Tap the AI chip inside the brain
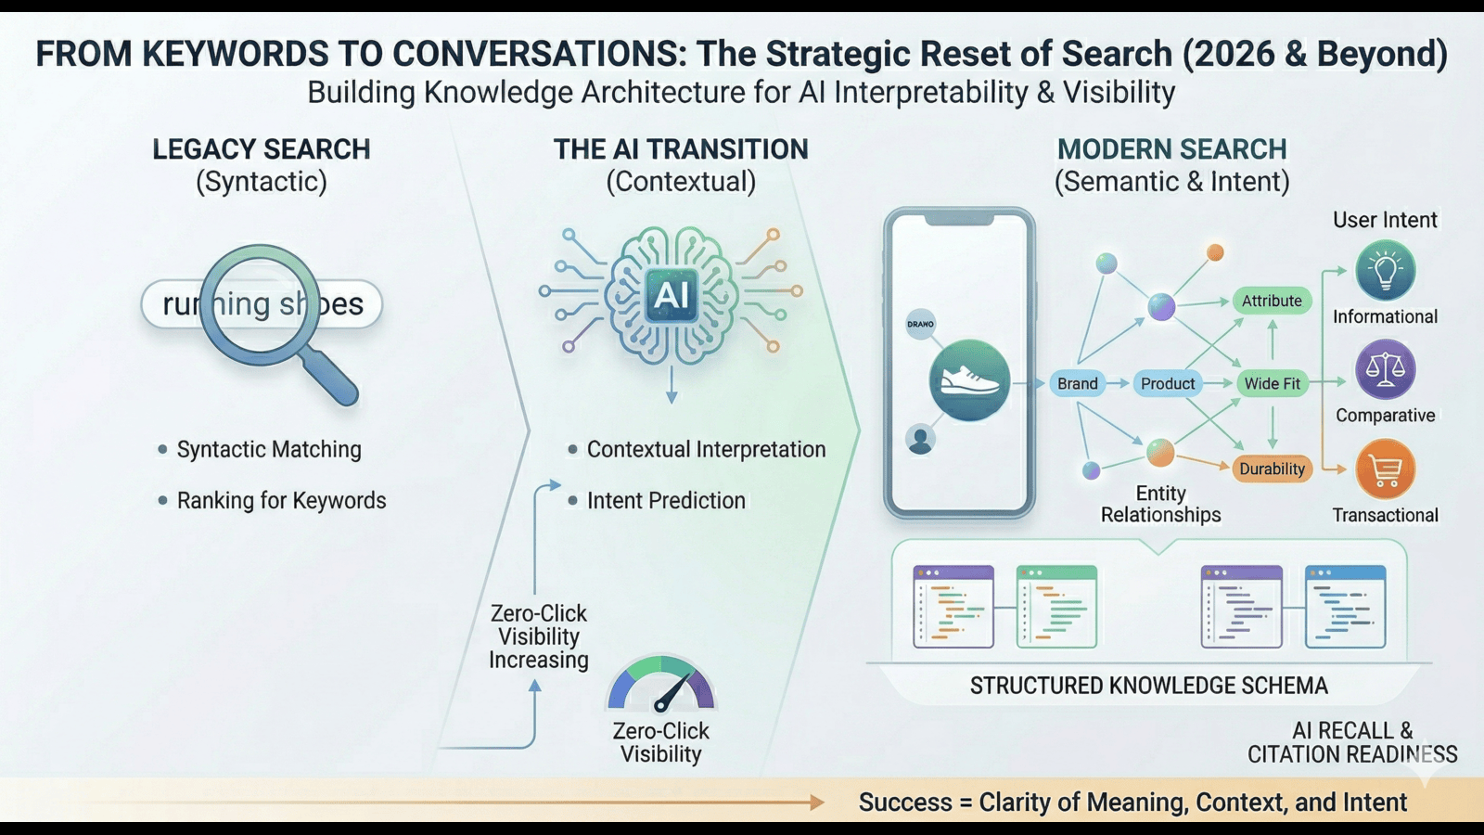[672, 295]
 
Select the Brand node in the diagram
[1077, 383]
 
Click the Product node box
[1167, 383]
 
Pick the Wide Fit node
[1272, 383]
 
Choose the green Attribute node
[1272, 301]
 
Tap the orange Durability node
[1272, 469]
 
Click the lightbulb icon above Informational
[1385, 271]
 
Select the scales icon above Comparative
[1385, 369]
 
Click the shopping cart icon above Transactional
[1385, 469]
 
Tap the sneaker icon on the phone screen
[969, 380]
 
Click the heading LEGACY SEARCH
[262, 149]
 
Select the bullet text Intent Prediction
[666, 500]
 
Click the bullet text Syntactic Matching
[269, 449]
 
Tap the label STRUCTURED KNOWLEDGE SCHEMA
[1148, 686]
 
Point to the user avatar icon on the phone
[920, 440]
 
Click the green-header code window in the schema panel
[1056, 606]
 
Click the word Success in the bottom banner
[904, 802]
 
